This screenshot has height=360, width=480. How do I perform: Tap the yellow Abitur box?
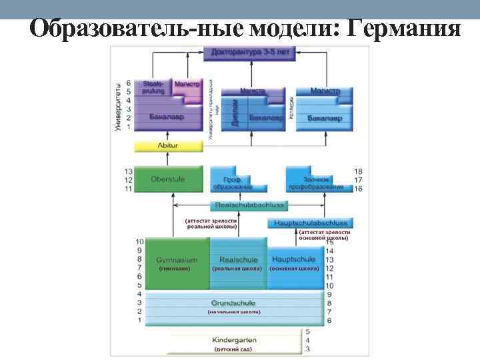pyautogui.click(x=167, y=145)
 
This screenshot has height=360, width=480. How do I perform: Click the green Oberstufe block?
pyautogui.click(x=168, y=179)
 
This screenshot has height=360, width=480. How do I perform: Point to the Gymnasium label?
pyautogui.click(x=177, y=259)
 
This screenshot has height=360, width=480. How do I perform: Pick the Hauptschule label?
pyautogui.click(x=295, y=259)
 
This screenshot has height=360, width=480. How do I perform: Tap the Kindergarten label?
pyautogui.click(x=233, y=340)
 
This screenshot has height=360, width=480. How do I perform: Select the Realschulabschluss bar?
pyautogui.click(x=250, y=206)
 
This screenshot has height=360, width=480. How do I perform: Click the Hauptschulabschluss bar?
pyautogui.click(x=310, y=223)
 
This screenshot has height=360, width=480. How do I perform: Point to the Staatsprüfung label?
pyautogui.click(x=153, y=87)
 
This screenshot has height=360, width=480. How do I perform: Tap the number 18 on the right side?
pyautogui.click(x=358, y=171)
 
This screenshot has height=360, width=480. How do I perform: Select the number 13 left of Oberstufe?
pyautogui.click(x=128, y=171)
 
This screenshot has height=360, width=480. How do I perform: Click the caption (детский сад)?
pyautogui.click(x=233, y=349)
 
